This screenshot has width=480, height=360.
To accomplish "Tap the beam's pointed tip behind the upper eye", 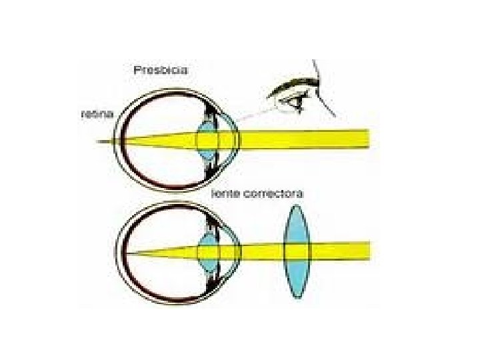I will tap(99, 141).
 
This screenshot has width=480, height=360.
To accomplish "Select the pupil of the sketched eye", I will tap(295, 102).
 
